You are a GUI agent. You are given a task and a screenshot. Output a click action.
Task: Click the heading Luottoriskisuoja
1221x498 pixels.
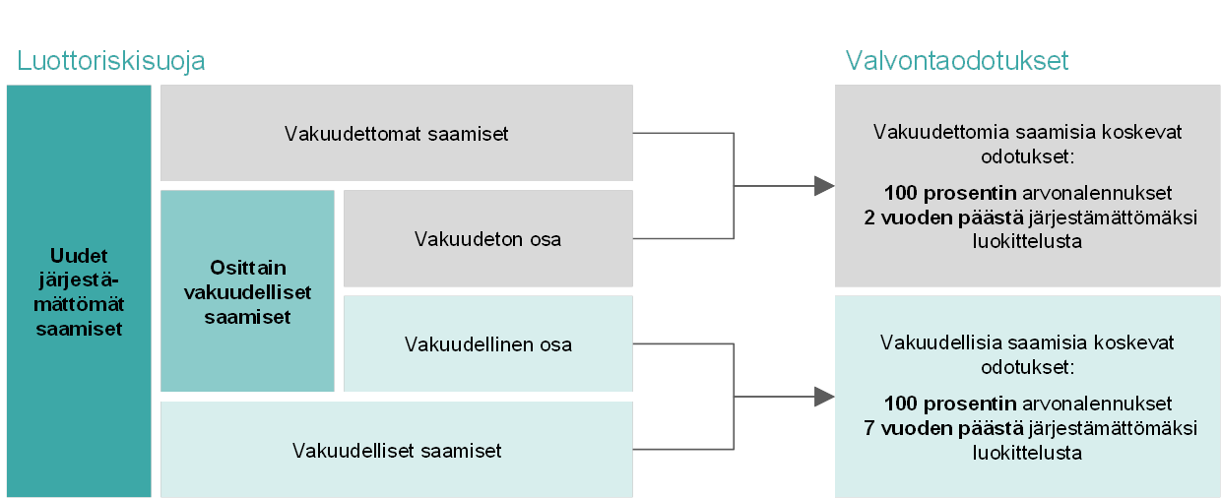coord(110,61)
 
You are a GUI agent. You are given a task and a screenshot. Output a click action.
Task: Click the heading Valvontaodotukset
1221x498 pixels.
coord(957,60)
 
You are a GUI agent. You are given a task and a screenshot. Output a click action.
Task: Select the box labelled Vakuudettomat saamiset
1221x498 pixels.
coord(396,133)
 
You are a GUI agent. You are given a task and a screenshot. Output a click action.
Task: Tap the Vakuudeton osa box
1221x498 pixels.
coord(487,238)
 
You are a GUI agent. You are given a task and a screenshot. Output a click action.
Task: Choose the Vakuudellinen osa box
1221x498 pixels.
coord(487,343)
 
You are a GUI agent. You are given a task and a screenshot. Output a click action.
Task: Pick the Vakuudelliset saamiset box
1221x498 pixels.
coord(396,450)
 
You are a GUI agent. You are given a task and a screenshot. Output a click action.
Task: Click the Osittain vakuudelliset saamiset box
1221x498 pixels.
coord(247,291)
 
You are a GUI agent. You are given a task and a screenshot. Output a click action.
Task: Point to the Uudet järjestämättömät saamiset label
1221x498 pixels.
coord(79,292)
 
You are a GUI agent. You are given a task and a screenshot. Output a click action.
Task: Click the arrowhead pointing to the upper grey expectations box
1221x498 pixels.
coord(824,186)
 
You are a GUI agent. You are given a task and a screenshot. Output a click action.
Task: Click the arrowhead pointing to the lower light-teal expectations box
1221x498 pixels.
coord(824,397)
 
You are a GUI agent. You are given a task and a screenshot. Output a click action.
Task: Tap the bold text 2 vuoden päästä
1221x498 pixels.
coord(944,218)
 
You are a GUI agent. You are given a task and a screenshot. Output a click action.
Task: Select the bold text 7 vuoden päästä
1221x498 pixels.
coord(944,428)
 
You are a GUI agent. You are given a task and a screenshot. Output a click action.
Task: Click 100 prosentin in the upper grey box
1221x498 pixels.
coord(950,193)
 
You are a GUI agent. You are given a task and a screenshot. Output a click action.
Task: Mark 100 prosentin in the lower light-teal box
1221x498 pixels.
coord(950,404)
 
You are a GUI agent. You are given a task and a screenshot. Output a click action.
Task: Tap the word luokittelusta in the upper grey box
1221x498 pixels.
coord(1027,241)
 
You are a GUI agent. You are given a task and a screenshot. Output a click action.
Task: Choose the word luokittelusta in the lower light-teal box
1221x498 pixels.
coord(1027,453)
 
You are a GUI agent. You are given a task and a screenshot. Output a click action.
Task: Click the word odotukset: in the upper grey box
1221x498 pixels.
coord(1027,156)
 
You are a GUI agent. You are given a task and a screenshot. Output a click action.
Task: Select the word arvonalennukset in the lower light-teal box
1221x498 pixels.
coord(1097,404)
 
